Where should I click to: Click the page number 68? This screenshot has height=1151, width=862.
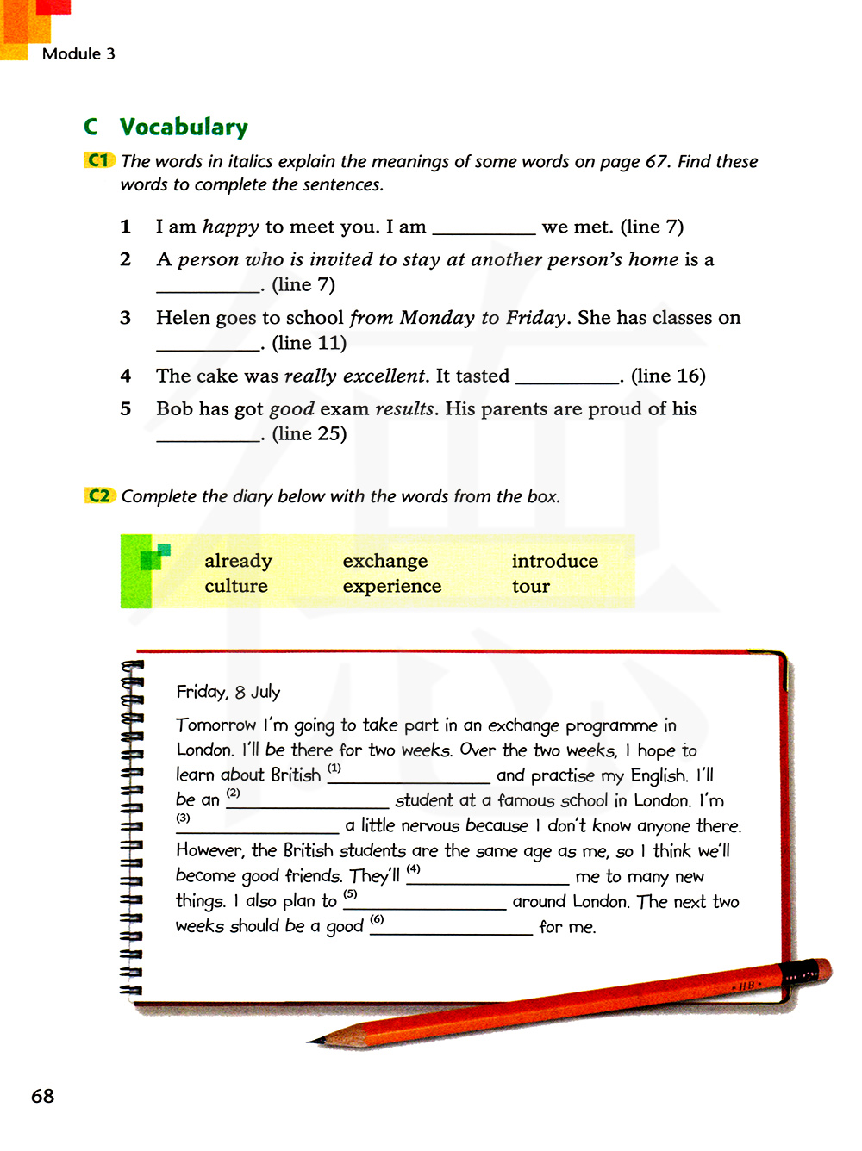pyautogui.click(x=42, y=1096)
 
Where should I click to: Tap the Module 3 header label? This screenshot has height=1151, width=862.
pyautogui.click(x=78, y=53)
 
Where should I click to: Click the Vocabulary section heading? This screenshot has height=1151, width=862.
pyautogui.click(x=184, y=128)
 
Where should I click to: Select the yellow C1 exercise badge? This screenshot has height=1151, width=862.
pyautogui.click(x=99, y=160)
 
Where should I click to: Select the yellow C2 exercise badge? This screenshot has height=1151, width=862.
pyautogui.click(x=99, y=495)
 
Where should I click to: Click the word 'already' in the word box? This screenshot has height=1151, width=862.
pyautogui.click(x=238, y=561)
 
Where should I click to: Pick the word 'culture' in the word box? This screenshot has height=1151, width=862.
pyautogui.click(x=236, y=586)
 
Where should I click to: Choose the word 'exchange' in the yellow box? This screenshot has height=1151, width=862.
pyautogui.click(x=384, y=561)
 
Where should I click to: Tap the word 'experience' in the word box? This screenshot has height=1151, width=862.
pyautogui.click(x=391, y=586)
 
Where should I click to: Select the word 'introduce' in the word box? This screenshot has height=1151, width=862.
pyautogui.click(x=554, y=561)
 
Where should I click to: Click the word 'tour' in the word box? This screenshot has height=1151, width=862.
pyautogui.click(x=530, y=586)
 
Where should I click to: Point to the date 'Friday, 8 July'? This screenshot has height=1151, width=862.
pyautogui.click(x=228, y=692)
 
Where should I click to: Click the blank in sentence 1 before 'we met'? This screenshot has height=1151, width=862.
pyautogui.click(x=484, y=229)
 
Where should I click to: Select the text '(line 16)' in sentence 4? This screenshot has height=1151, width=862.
pyautogui.click(x=668, y=376)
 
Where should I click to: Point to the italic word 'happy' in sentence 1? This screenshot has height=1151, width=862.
pyautogui.click(x=230, y=227)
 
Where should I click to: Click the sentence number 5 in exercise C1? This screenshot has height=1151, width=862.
pyautogui.click(x=126, y=408)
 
